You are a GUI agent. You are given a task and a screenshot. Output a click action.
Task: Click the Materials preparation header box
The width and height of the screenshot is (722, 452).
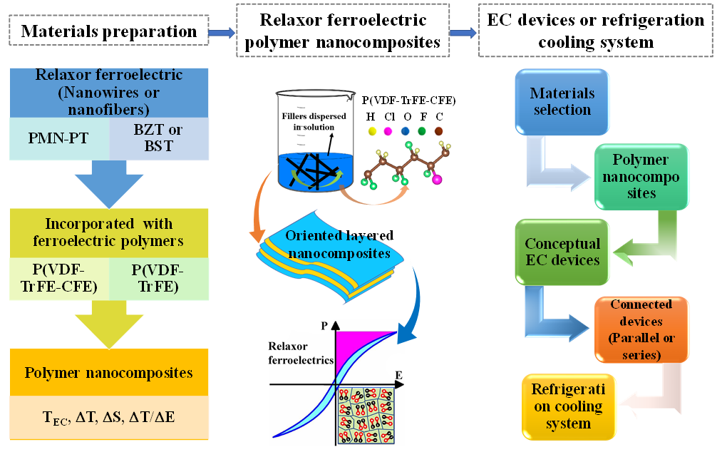click(109, 31)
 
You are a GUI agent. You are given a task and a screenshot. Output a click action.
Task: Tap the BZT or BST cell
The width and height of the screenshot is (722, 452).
click(158, 138)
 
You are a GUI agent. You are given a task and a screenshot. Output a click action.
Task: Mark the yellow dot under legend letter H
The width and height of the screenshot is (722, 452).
click(371, 131)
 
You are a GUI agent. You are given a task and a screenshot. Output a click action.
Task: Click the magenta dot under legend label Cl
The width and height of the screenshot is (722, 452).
click(389, 131)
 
